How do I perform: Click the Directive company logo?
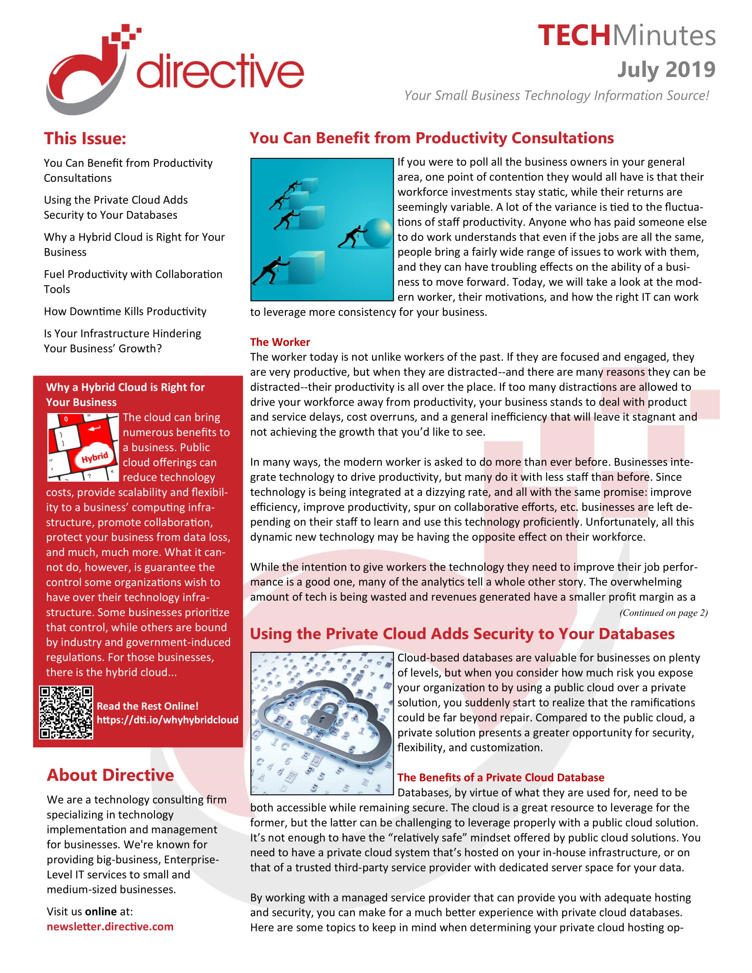tap(175, 70)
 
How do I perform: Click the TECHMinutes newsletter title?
tap(626, 36)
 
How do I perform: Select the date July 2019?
tap(666, 69)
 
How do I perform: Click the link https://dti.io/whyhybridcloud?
tap(168, 720)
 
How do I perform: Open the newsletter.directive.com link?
tap(110, 927)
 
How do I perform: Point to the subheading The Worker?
tap(280, 342)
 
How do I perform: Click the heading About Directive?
tap(110, 775)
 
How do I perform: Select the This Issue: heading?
tap(85, 138)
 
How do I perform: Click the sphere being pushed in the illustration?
tap(377, 233)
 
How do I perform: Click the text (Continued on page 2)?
tap(663, 613)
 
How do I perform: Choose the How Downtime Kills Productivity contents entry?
tap(125, 311)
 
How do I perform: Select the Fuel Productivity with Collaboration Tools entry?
tap(133, 282)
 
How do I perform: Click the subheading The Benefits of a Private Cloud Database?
tap(501, 778)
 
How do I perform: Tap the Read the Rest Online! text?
tap(147, 706)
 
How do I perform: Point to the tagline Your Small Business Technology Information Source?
tap(556, 96)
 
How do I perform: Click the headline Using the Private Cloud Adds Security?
tap(462, 633)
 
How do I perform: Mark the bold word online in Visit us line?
tap(101, 912)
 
